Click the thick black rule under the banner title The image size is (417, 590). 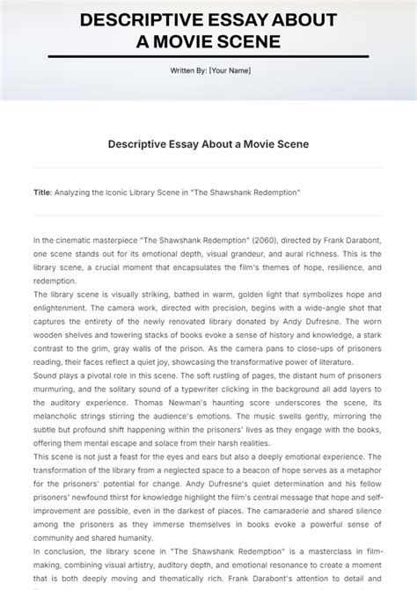pos(208,56)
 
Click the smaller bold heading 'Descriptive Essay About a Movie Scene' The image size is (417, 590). pos(208,144)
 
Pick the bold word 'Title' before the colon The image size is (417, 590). pos(41,191)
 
